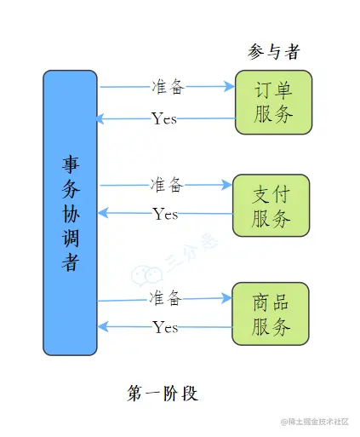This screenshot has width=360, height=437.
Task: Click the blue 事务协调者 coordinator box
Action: point(70,213)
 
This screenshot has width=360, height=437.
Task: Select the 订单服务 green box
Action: point(273,102)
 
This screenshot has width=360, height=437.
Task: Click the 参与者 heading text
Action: point(273,53)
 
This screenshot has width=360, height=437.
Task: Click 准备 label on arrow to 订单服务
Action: point(166,87)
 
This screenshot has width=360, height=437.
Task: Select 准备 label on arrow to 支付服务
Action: point(166,184)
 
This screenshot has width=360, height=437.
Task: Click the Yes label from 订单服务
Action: point(164,118)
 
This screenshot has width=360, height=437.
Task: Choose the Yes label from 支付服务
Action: point(165,214)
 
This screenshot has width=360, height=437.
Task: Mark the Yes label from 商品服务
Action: point(165,327)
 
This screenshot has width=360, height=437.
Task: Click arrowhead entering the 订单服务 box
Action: point(229,86)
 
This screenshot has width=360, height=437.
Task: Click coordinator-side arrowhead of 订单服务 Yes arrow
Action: point(101,119)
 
